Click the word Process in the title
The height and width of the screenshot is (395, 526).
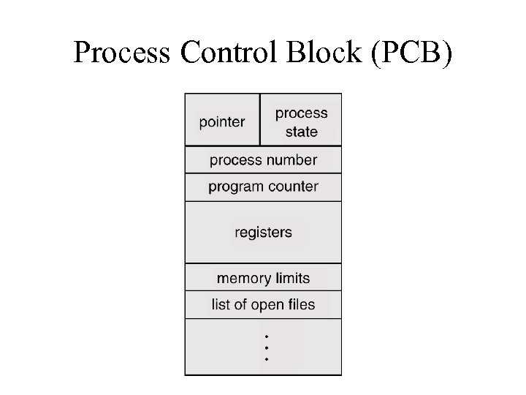click(x=121, y=53)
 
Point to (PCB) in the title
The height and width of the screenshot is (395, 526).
click(x=412, y=53)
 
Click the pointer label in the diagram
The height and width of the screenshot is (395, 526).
click(x=222, y=122)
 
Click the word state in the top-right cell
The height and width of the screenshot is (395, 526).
click(x=301, y=132)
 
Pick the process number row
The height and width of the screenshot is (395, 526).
click(x=263, y=160)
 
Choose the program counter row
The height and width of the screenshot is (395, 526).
click(x=263, y=187)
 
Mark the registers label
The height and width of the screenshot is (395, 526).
click(x=263, y=233)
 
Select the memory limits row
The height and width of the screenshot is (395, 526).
click(x=263, y=278)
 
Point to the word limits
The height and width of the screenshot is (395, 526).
click(x=292, y=278)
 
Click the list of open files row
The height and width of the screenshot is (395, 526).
click(x=263, y=305)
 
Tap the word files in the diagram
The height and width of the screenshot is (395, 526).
click(x=301, y=305)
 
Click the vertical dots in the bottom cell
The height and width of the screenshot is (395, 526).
click(x=267, y=347)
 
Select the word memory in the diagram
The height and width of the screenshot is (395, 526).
click(x=243, y=278)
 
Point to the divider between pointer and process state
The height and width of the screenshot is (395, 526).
click(x=260, y=120)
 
